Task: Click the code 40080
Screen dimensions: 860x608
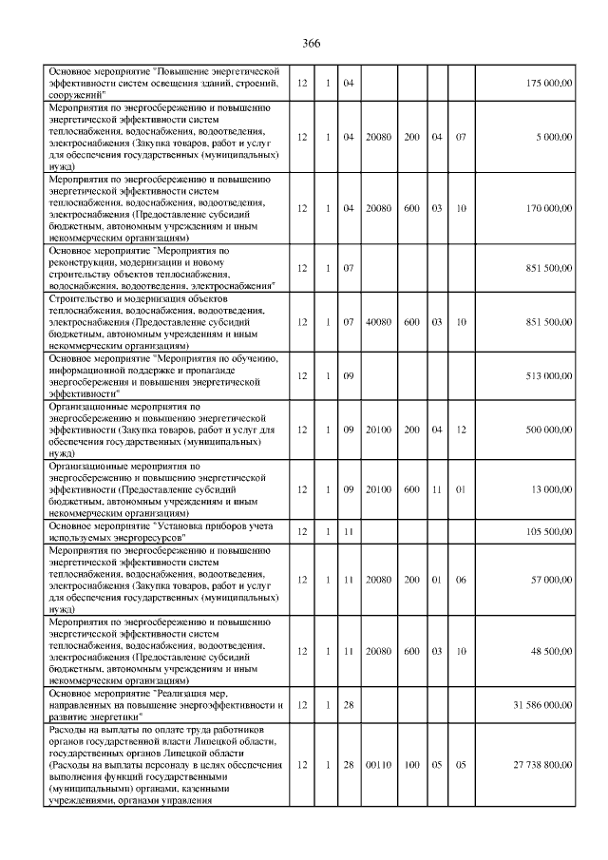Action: coord(379,322)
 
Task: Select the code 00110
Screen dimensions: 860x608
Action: coord(379,764)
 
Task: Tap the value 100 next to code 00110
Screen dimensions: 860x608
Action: coord(411,764)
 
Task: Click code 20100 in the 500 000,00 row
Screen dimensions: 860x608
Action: coord(379,430)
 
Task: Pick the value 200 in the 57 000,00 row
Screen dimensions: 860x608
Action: coord(411,579)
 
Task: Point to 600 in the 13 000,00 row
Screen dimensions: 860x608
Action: coord(411,489)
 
